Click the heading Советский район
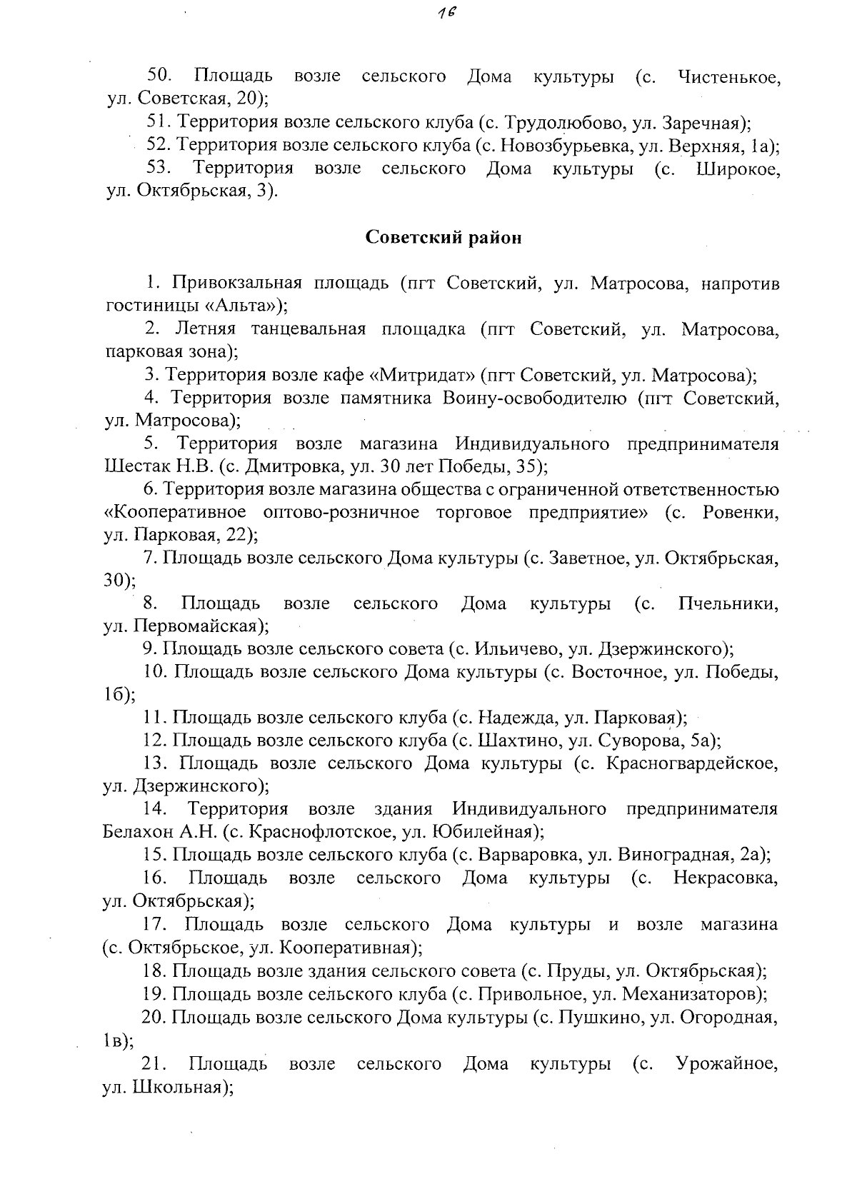pyautogui.click(x=443, y=238)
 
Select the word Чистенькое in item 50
pyautogui.click(x=728, y=76)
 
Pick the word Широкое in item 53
pyautogui.click(x=738, y=169)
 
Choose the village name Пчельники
pyautogui.click(x=728, y=603)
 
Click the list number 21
pyautogui.click(x=156, y=1063)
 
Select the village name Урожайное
pyautogui.click(x=726, y=1063)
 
